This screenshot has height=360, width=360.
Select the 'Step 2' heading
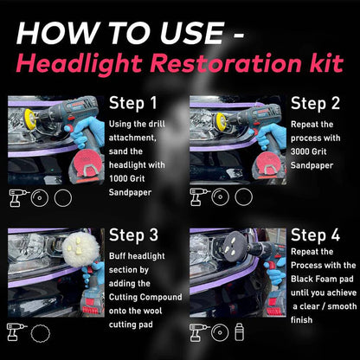click(316, 104)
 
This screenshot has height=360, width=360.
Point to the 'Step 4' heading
click(316, 236)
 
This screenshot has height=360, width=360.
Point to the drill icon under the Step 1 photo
click(17, 196)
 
